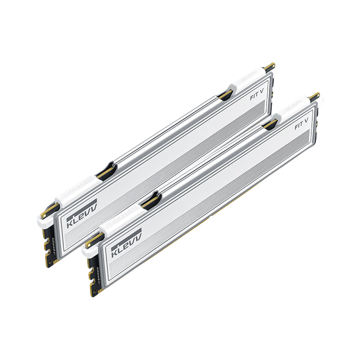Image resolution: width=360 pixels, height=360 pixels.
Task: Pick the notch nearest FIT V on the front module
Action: click(270, 124)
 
